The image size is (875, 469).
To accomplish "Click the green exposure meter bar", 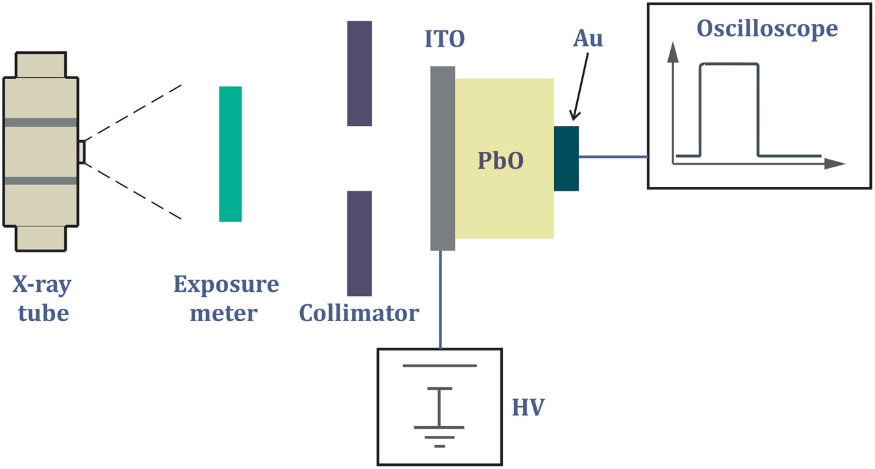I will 230,154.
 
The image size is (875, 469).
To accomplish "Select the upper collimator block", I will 359,73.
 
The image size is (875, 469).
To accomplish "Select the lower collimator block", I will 359,243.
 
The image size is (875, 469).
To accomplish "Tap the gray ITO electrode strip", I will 443,158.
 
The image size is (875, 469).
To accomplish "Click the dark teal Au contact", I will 566,158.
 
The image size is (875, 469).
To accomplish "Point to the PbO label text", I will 500,160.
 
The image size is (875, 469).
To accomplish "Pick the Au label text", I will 588,38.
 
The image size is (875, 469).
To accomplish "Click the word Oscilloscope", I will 767,29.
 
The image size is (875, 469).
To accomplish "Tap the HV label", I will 528,407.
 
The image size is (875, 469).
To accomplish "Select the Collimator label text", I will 359,313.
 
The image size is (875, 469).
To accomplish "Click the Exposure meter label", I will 226,299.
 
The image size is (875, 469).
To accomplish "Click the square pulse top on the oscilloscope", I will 729,64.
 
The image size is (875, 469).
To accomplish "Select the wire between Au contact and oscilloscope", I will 612,157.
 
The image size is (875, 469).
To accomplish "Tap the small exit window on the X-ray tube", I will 81,152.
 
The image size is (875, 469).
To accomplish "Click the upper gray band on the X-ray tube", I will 41,122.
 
